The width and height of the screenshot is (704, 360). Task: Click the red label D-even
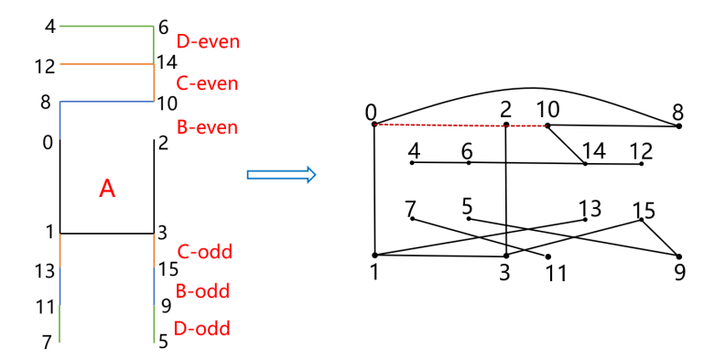(x=208, y=42)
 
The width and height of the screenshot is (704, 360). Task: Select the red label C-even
(x=207, y=83)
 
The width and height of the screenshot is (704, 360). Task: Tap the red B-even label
(x=207, y=127)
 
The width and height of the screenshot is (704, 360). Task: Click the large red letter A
(x=107, y=189)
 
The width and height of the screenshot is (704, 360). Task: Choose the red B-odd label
(x=202, y=292)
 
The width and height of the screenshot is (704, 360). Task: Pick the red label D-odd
(x=202, y=329)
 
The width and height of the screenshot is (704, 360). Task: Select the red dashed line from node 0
(x=439, y=125)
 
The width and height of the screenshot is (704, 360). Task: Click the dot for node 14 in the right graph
(x=585, y=164)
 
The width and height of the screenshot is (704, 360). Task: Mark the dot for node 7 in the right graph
(x=412, y=218)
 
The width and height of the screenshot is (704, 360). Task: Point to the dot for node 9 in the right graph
(x=678, y=256)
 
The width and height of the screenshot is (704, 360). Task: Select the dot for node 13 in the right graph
(x=584, y=219)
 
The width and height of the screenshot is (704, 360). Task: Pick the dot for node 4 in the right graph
(x=412, y=163)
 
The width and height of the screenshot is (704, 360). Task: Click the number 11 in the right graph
(x=557, y=274)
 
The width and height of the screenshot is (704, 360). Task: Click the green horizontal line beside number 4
(x=105, y=27)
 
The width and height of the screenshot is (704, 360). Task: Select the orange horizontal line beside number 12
(x=105, y=65)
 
